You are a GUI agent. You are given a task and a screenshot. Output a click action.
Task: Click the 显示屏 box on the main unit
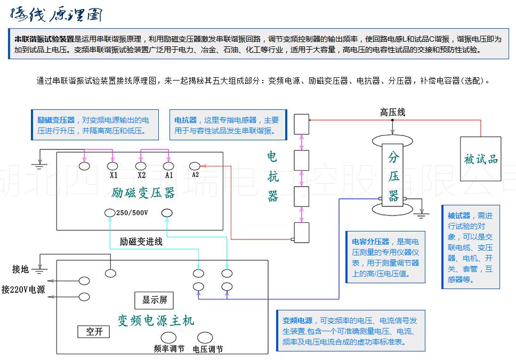155,300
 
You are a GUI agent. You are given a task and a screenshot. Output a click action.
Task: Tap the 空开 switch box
94,332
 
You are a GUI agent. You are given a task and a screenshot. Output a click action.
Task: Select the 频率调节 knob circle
169,338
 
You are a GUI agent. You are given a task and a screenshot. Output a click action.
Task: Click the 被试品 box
481,159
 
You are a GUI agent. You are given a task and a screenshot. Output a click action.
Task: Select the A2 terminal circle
195,165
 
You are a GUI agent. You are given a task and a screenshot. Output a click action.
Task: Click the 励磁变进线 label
141,241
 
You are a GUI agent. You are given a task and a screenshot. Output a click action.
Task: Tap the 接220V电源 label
23,290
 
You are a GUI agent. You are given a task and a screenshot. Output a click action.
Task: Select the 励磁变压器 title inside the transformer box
144,193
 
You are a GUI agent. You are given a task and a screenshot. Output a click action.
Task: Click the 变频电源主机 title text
156,320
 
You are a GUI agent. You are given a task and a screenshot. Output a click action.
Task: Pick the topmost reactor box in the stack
302,124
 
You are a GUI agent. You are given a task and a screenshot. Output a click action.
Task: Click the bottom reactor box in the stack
302,232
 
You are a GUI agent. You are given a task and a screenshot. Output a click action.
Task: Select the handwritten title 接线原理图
55,14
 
